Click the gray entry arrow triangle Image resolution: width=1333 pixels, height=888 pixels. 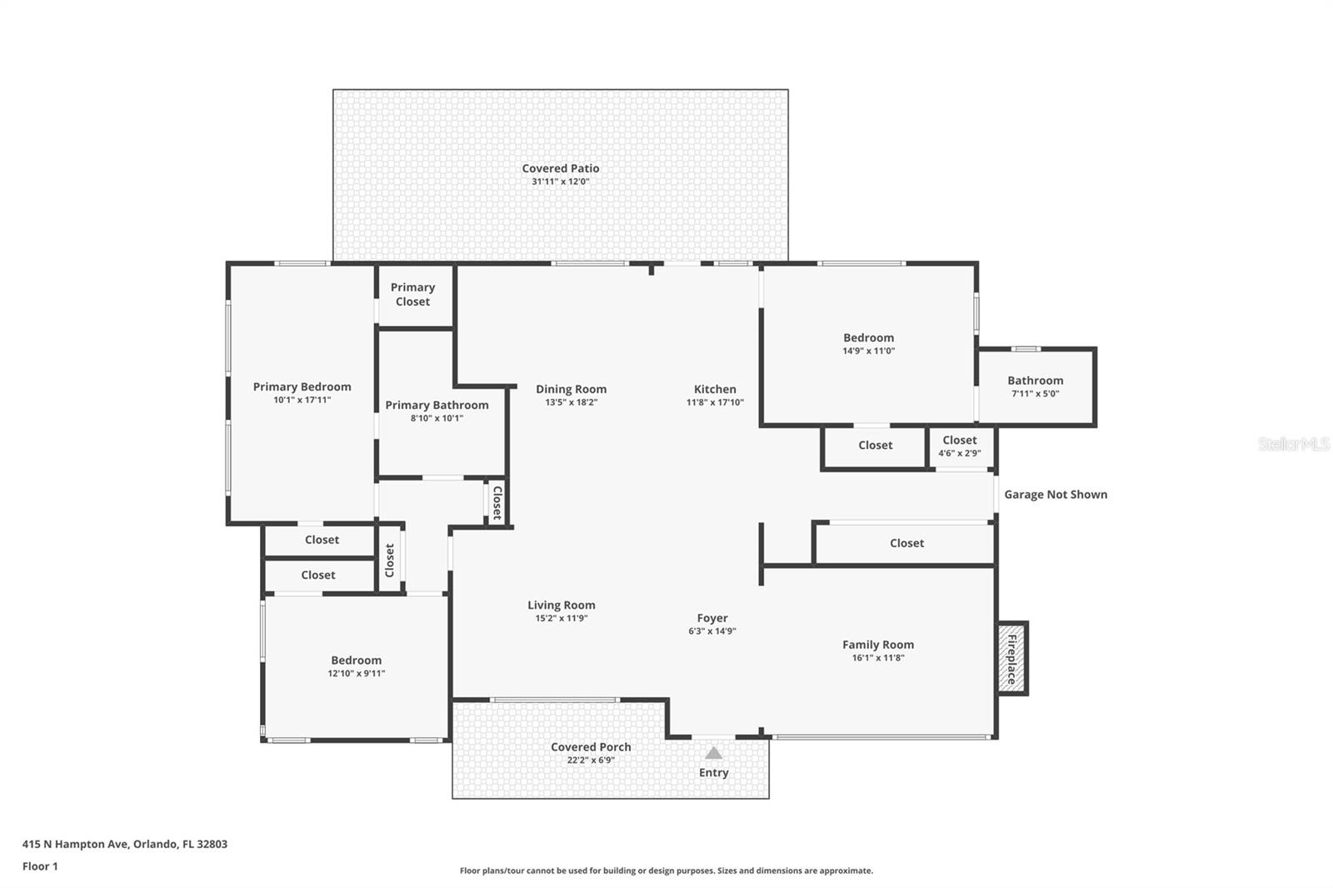pyautogui.click(x=713, y=753)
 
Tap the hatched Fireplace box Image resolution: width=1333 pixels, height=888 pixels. pyautogui.click(x=1011, y=657)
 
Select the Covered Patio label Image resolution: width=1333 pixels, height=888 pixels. pyautogui.click(x=561, y=168)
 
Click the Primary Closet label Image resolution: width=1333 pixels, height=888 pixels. pyautogui.click(x=413, y=294)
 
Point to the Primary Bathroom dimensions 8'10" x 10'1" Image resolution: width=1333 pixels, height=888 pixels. pyautogui.click(x=437, y=418)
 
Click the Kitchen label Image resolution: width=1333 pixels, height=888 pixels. pyautogui.click(x=715, y=389)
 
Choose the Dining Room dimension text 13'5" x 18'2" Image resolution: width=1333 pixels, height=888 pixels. pyautogui.click(x=572, y=402)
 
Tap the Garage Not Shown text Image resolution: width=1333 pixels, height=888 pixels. pyautogui.click(x=1056, y=494)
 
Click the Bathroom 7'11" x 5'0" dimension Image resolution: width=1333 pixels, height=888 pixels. pyautogui.click(x=1036, y=393)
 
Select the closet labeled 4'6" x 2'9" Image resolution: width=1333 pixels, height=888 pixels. pyautogui.click(x=960, y=446)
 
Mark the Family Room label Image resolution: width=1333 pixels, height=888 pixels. pyautogui.click(x=878, y=644)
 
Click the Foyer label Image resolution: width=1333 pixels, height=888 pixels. pyautogui.click(x=712, y=618)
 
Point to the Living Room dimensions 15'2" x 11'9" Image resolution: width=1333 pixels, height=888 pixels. pyautogui.click(x=562, y=618)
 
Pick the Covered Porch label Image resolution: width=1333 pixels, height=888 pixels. pyautogui.click(x=591, y=746)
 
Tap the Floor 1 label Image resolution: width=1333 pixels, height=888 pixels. pyautogui.click(x=41, y=866)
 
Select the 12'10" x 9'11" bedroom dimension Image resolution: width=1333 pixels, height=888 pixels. pyautogui.click(x=357, y=673)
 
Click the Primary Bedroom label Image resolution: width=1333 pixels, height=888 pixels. pyautogui.click(x=302, y=387)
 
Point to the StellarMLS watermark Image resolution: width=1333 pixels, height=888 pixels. pyautogui.click(x=1294, y=443)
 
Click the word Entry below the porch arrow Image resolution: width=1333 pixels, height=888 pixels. pyautogui.click(x=713, y=772)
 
